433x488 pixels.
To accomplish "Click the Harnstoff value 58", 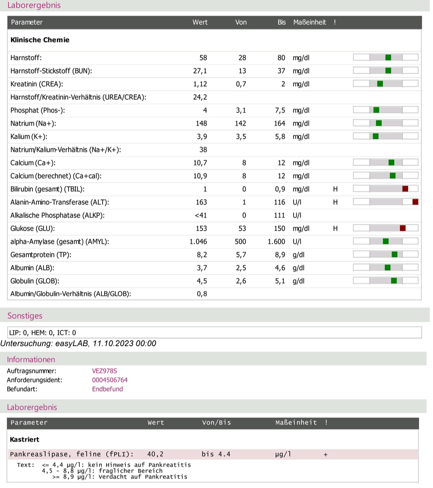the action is [x=203, y=58].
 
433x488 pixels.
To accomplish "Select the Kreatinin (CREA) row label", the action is [x=36, y=84].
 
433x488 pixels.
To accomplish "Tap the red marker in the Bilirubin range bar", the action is [x=405, y=189].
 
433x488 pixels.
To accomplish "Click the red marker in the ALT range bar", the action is [x=415, y=202].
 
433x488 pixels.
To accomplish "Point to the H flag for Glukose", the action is [x=335, y=228].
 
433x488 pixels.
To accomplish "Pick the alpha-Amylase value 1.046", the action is [x=198, y=241].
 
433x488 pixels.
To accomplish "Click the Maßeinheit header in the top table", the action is [x=310, y=22].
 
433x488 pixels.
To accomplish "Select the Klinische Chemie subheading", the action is [x=40, y=40].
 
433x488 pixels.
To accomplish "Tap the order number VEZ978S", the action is [x=105, y=371].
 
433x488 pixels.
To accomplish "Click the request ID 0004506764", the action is [x=110, y=380].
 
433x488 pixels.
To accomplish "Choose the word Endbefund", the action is [x=107, y=389].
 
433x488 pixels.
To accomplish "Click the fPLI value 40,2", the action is [x=155, y=454].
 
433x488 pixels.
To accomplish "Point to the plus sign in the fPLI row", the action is [x=326, y=455].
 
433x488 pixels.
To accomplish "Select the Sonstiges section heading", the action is [x=25, y=315].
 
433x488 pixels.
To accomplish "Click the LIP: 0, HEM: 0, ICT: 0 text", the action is [x=42, y=333].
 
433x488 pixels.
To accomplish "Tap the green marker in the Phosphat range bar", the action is [x=376, y=110].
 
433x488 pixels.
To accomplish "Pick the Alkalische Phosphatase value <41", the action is [x=201, y=216].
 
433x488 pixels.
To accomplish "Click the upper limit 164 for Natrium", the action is [x=279, y=123].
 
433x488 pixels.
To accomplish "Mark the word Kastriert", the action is [x=24, y=439].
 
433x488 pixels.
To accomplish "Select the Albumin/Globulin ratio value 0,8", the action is [x=202, y=294].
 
